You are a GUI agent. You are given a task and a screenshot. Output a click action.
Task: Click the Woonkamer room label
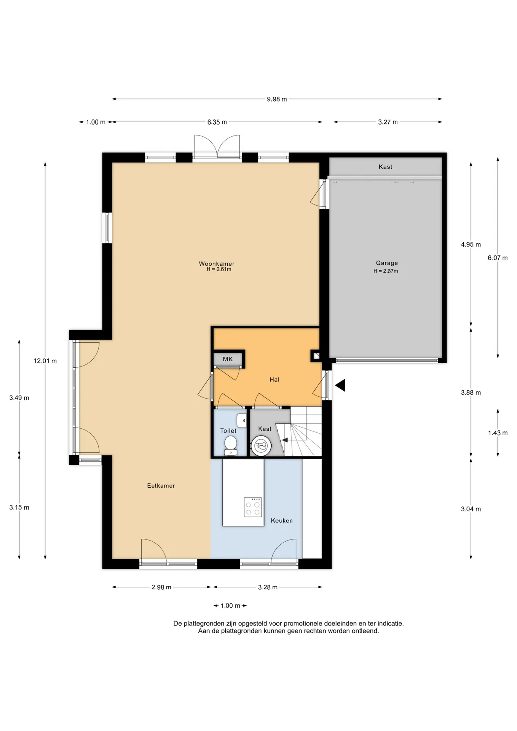click(x=217, y=263)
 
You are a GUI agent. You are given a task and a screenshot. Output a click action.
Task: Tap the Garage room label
click(x=387, y=263)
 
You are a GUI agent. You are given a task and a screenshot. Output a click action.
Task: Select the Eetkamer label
click(x=161, y=485)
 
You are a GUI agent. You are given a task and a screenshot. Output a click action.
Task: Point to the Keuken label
click(x=282, y=520)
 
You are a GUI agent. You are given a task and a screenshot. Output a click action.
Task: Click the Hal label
click(x=274, y=380)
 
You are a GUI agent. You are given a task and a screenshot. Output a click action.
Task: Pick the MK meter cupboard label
click(x=228, y=359)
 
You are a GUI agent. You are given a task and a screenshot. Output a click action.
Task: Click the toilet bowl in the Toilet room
click(x=230, y=445)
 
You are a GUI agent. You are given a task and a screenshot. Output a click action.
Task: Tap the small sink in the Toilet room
click(x=241, y=421)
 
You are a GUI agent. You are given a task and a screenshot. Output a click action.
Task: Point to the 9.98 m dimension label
click(x=277, y=99)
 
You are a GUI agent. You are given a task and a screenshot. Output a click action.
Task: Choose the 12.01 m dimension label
click(x=45, y=361)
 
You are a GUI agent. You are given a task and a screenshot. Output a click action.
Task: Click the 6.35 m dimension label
click(x=217, y=122)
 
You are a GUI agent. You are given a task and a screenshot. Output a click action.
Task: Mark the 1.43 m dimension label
click(x=498, y=433)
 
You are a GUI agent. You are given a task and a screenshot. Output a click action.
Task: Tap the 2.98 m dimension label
click(x=161, y=587)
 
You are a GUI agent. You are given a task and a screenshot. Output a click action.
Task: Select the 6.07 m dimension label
click(x=498, y=258)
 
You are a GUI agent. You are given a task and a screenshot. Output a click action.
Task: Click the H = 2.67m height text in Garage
click(x=386, y=271)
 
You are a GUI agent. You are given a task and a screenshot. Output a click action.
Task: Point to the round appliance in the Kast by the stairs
click(x=261, y=445)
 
